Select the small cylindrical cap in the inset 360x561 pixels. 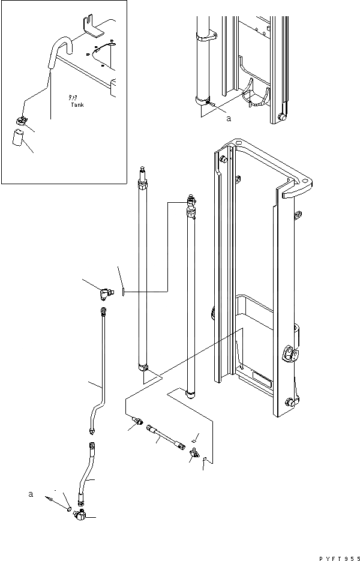coord(17,139)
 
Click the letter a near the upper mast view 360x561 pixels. coord(229,119)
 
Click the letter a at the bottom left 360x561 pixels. coord(31,494)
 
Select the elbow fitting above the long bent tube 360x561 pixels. coord(106,292)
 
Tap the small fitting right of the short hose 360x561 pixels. coord(194,454)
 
